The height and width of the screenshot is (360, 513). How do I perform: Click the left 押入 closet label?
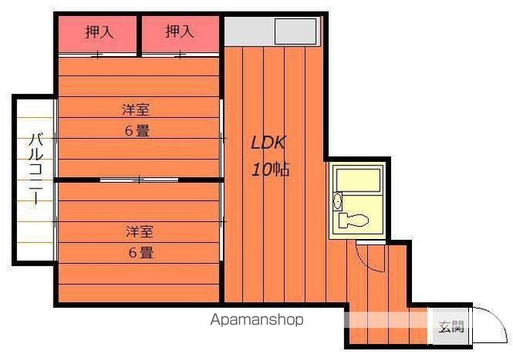pos(99,32)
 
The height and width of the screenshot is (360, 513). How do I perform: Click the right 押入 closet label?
pos(180,32)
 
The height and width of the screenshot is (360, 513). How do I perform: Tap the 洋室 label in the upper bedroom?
pos(136,110)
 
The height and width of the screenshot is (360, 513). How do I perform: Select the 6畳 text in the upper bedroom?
pos(136,131)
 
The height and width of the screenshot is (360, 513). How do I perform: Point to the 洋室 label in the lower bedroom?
pos(139,232)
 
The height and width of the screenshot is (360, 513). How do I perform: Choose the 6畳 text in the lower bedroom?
pos(139,253)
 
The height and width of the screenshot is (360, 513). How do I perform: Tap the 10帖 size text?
pos(270,170)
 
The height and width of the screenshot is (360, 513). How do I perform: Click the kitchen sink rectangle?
pos(297,32)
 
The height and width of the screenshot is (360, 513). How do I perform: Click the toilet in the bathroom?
pos(353,220)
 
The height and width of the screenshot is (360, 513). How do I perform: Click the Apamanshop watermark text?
pos(257,320)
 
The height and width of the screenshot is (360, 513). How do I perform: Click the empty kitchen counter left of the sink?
pos(249,32)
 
